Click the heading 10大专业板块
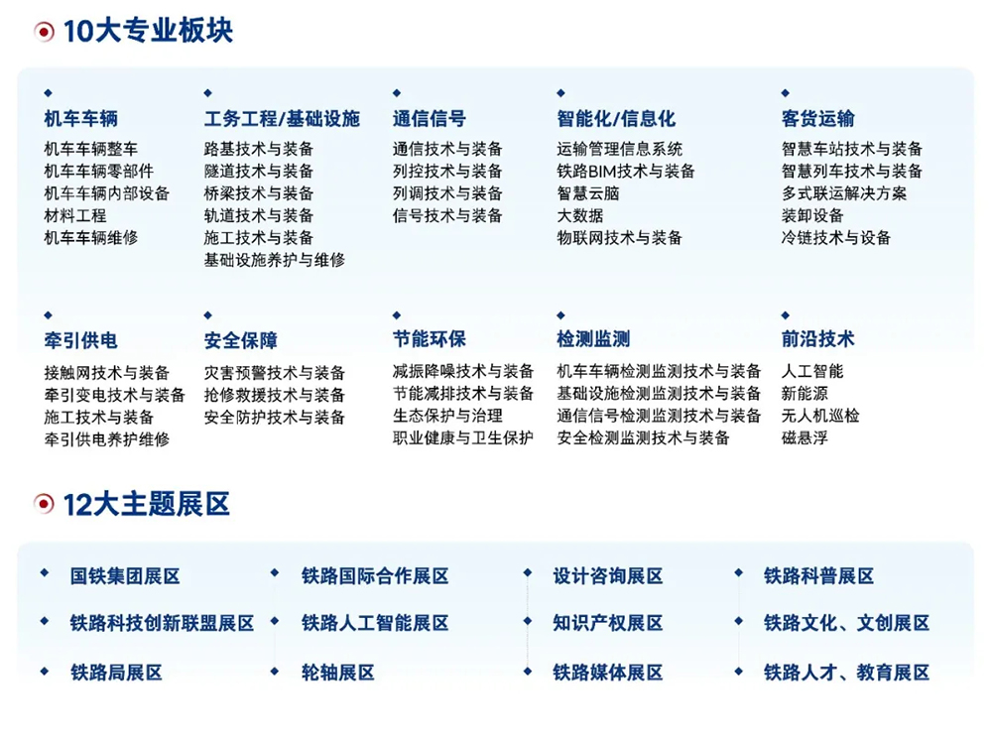148,31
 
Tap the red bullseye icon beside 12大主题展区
44,504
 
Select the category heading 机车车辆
81,118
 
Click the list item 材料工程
75,216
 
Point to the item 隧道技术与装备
259,171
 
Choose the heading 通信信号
430,118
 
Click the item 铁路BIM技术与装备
626,171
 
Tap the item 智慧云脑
587,193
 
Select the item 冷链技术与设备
835,238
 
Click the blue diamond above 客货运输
785,93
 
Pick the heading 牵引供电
81,340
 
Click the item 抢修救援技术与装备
275,395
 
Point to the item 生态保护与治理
448,416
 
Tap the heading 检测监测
593,339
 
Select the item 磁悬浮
805,437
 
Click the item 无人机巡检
820,416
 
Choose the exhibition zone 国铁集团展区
125,576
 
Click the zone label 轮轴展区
338,672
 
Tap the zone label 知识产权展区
608,623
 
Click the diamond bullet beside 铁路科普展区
738,573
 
